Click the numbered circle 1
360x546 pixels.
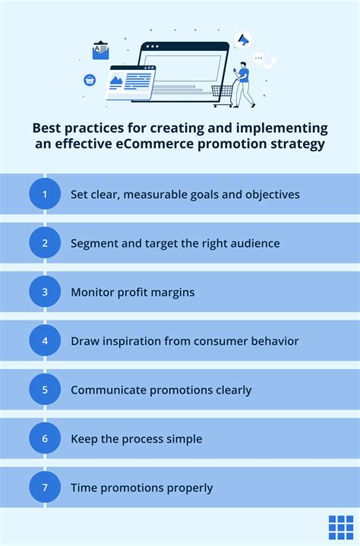pyautogui.click(x=45, y=194)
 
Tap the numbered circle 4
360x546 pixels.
pyautogui.click(x=45, y=341)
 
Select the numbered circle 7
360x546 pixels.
pyautogui.click(x=45, y=488)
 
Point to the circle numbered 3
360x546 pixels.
pyautogui.click(x=45, y=292)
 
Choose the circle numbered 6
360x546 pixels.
pyautogui.click(x=45, y=439)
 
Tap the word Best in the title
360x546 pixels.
pyautogui.click(x=49, y=127)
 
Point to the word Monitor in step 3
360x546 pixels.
pyautogui.click(x=93, y=292)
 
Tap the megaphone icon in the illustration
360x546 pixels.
pyautogui.click(x=244, y=39)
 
